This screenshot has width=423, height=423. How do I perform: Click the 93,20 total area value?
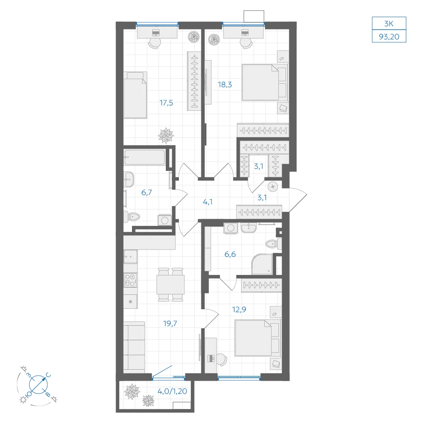coord(389,36)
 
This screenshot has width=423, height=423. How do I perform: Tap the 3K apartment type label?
coord(389,23)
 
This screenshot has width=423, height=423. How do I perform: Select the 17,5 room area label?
coord(166,103)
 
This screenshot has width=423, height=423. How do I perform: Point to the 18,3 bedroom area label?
coord(225,85)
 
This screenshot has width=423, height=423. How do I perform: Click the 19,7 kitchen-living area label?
coord(170,323)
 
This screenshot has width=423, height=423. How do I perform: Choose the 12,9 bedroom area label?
coord(239,310)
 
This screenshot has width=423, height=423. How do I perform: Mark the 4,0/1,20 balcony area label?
coord(172,391)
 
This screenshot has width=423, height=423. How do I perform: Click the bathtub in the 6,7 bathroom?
coord(145,157)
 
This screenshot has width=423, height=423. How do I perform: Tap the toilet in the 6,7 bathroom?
coord(132,216)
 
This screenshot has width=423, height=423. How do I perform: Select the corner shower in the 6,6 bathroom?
coord(262,264)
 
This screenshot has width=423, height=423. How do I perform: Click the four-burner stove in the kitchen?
coord(131,280)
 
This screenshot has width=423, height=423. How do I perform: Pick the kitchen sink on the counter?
coord(131,256)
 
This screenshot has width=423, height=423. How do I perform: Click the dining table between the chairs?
coord(170,285)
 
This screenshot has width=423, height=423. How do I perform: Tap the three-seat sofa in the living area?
coord(135,347)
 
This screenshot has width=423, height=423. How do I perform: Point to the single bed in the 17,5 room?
coord(135,95)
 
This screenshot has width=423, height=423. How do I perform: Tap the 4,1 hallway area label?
coord(207,202)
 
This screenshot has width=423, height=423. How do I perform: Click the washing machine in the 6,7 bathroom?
coord(165,220)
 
